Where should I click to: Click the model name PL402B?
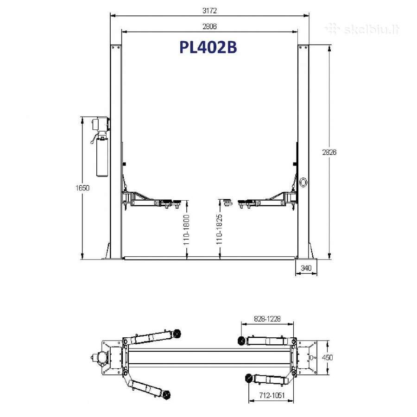point(208,47)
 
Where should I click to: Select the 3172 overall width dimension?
point(209,11)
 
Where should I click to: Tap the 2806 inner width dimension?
point(209,26)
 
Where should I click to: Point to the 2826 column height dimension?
point(329,152)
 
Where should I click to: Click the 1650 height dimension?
point(82,188)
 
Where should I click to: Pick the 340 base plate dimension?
point(306,268)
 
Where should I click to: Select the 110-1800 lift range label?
point(186,230)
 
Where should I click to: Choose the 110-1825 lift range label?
point(219,229)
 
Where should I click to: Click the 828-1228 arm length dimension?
point(267,319)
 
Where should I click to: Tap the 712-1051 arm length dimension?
point(272,396)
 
